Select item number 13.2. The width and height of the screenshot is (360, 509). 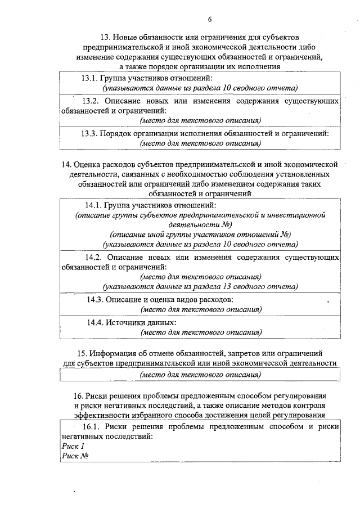coord(92,101)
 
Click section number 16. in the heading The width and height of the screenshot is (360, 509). coord(79,395)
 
